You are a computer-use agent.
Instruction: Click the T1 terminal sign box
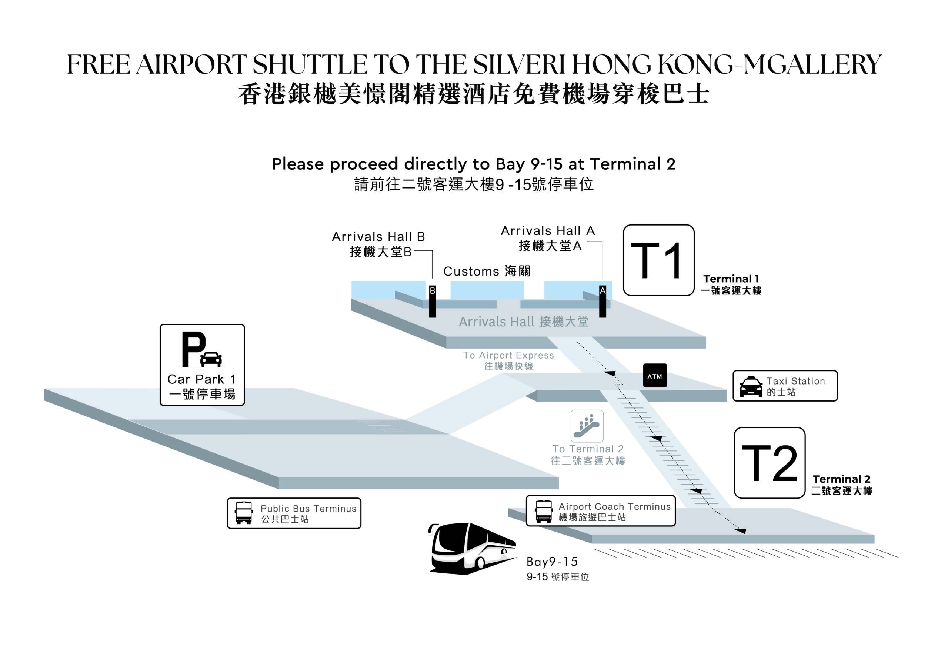(x=658, y=260)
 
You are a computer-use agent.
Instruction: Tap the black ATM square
(x=655, y=375)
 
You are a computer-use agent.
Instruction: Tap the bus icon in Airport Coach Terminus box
(x=543, y=511)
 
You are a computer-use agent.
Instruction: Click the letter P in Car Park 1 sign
(x=193, y=349)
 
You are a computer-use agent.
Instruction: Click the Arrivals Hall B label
(x=378, y=237)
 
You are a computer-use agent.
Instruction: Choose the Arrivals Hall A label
(x=547, y=231)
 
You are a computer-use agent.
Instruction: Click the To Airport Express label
(x=508, y=356)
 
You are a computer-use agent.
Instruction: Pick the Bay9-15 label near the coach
(x=552, y=562)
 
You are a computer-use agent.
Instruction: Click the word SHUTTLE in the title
(x=310, y=64)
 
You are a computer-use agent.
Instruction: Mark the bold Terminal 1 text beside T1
(x=731, y=279)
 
